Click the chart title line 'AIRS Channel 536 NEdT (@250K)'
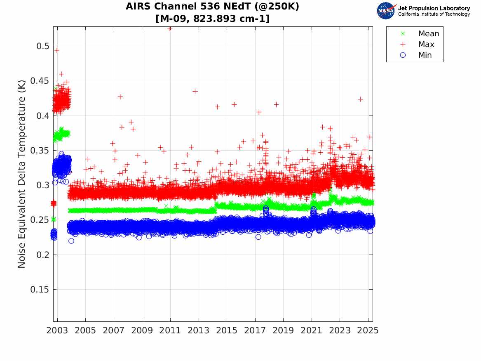(x=212, y=7)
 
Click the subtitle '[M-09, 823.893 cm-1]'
(x=212, y=19)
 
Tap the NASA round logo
(x=386, y=11)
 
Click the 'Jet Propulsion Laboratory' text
(x=434, y=8)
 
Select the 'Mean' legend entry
(x=429, y=34)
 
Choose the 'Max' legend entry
(x=426, y=44)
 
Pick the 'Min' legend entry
(x=425, y=55)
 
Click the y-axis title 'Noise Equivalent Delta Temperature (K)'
(x=22, y=174)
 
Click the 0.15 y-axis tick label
(x=40, y=290)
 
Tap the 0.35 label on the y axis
(x=40, y=151)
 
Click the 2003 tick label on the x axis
(x=57, y=330)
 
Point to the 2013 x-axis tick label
(x=199, y=330)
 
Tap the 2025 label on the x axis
(x=368, y=330)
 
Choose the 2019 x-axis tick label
(x=283, y=330)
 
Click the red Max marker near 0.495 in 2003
(x=57, y=50)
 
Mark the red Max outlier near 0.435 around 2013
(x=195, y=91)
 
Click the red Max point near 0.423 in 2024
(x=360, y=99)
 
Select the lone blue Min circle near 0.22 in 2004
(x=71, y=241)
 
